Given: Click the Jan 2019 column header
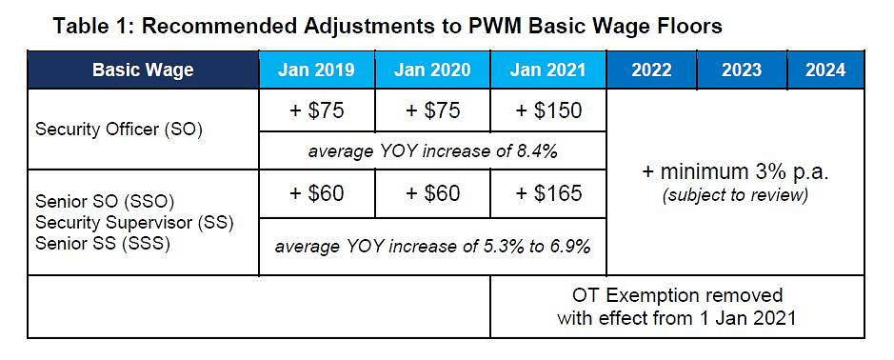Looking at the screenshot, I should pos(317,70).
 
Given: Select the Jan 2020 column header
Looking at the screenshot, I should pos(433,70).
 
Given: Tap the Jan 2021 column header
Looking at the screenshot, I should pos(548,70).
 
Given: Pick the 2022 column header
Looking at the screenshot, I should pos(651,70).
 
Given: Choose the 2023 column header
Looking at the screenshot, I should pos(742,70).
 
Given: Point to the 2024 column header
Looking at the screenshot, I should pos(825,70).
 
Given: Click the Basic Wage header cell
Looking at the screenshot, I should pos(143,70).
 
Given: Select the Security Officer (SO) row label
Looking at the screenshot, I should pos(119,130).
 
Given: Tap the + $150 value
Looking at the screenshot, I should pos(548,110).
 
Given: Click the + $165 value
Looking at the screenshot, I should pos(548,193).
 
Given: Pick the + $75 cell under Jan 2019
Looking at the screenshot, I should pos(317,110).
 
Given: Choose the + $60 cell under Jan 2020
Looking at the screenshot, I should pos(433,193).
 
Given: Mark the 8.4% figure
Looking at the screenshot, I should pos(535,150).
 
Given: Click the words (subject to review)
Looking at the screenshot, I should pos(735,195).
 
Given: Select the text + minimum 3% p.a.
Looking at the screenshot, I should pos(735,172).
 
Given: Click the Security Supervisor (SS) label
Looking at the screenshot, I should pos(134,222).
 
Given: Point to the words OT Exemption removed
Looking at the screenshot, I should pos(677,295).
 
